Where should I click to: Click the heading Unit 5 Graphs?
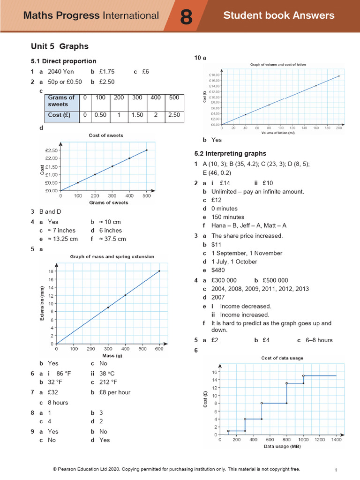60,46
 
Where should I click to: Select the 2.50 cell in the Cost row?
174,115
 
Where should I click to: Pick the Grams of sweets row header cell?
61,101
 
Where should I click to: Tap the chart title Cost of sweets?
106,135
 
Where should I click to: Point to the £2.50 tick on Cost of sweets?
51,150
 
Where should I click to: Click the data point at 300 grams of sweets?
112,166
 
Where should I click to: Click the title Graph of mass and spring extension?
112,257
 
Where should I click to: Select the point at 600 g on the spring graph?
159,271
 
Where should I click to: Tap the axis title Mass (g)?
109,356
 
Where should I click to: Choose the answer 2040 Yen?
61,72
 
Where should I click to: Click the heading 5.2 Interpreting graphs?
230,153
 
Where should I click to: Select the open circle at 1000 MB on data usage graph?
303,375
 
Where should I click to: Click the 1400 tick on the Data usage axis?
336,440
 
